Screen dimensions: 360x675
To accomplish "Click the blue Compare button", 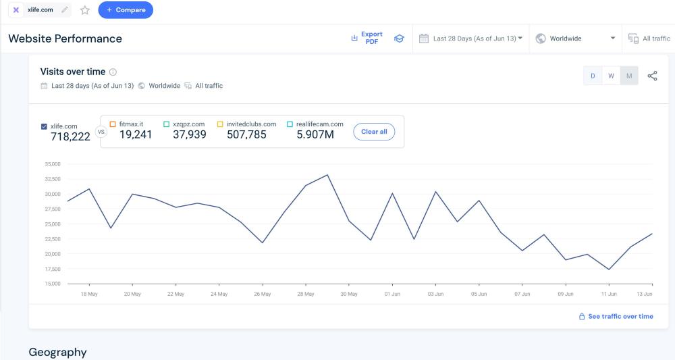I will pos(126,10).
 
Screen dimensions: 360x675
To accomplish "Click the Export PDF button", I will pos(367,38).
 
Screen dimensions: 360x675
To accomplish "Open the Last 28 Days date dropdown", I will pos(471,38).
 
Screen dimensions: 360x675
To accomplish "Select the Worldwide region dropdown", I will pos(576,38).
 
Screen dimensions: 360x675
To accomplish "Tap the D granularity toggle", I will pos(593,76).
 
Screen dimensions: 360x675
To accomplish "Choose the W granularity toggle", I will pos(611,76).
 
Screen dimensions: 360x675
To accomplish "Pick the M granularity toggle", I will pos(629,76).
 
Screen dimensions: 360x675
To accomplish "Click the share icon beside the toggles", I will pos(652,76).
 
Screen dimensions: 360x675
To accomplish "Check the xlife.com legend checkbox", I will pos(45,126).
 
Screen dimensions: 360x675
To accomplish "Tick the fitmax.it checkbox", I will pos(113,124).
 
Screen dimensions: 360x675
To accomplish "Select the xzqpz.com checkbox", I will pos(166,124).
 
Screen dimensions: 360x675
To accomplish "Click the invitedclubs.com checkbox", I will pos(220,124).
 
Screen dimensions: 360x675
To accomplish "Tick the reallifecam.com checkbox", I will pos(290,124).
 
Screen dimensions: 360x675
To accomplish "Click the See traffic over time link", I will pos(616,316).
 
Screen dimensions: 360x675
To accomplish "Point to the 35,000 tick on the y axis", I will pos(52,164).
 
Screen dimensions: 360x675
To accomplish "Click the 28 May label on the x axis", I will pos(305,294).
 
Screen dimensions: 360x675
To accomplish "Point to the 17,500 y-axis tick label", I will pos(52,269).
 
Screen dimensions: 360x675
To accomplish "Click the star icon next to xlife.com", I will pos(85,10).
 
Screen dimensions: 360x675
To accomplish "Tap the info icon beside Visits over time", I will pos(113,72).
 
